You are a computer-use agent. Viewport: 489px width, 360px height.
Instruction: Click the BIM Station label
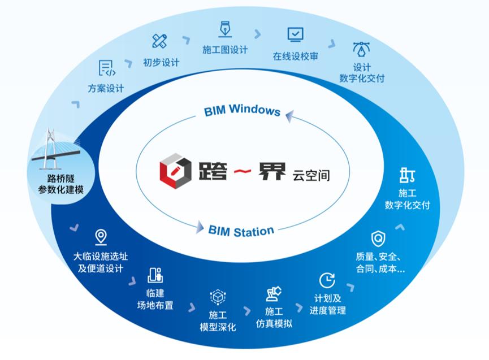(241, 231)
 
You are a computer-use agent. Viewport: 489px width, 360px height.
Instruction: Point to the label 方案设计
(106, 89)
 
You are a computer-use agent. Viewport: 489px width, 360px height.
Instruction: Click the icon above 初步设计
(160, 41)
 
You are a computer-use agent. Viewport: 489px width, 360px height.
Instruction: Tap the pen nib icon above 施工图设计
(224, 29)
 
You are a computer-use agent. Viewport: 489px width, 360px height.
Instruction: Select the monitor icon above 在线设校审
(295, 35)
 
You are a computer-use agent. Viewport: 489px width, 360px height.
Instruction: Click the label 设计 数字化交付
(362, 72)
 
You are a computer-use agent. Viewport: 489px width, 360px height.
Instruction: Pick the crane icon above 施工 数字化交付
(407, 175)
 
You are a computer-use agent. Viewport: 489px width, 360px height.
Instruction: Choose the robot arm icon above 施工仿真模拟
(274, 293)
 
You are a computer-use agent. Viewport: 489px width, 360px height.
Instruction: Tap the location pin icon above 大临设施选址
(101, 237)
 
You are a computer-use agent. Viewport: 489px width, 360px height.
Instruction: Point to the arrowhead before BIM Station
(200, 228)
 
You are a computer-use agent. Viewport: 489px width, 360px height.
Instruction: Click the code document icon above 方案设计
(106, 68)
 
